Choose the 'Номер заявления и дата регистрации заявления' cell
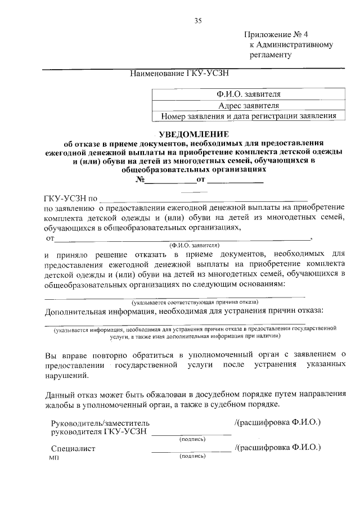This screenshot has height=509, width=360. tap(248, 116)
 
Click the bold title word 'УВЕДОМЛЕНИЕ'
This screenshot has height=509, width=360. tap(194, 134)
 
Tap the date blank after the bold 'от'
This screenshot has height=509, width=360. tap(236, 180)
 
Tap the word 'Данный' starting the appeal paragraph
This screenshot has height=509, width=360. tap(58, 394)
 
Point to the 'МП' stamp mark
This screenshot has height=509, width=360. tap(54, 458)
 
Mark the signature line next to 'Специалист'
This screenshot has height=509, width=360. tap(192, 451)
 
